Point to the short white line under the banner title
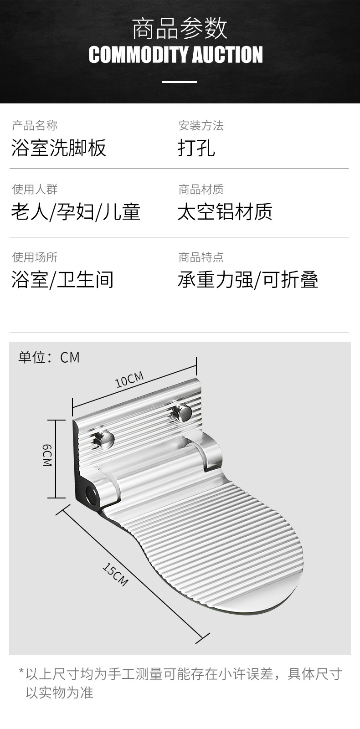click(180, 82)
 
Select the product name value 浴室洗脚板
click(59, 148)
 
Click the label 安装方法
click(201, 125)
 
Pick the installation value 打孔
click(196, 148)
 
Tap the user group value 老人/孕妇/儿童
click(76, 212)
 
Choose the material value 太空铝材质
click(225, 212)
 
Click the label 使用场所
click(35, 257)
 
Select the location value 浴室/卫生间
click(62, 279)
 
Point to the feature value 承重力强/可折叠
click(248, 279)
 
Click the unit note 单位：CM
click(49, 357)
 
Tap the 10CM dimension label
click(129, 379)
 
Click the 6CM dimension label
click(47, 456)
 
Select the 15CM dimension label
click(115, 575)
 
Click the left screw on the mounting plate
click(107, 439)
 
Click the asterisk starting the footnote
click(21, 672)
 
